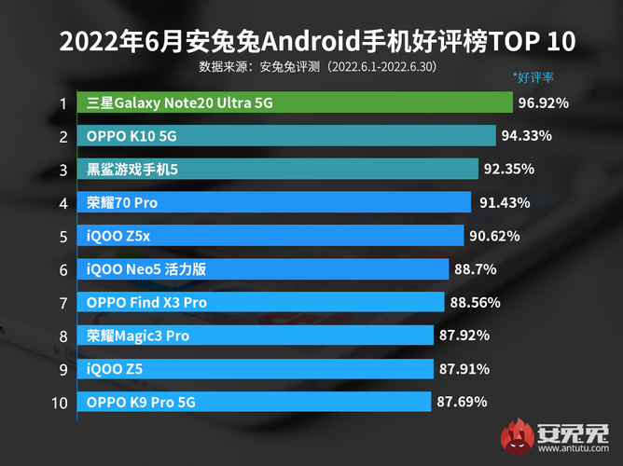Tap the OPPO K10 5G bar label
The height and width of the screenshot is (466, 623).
click(x=132, y=136)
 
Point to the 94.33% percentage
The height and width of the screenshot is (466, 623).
click(x=526, y=136)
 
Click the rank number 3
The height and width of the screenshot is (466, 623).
click(x=62, y=170)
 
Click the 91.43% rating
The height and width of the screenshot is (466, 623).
click(x=505, y=202)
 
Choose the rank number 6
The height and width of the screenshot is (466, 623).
click(x=62, y=269)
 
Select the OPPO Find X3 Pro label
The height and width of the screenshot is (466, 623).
click(x=146, y=302)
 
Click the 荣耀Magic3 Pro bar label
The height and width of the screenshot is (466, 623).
click(x=138, y=336)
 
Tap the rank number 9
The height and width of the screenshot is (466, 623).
click(x=62, y=369)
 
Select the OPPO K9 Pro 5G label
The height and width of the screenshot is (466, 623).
click(x=143, y=402)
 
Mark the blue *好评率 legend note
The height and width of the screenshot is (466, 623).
click(x=534, y=75)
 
